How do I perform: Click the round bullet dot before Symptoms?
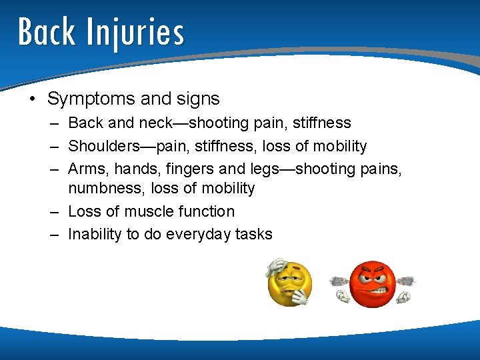coord(32,99)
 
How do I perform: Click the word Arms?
coord(86,169)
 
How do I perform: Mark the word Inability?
coord(93,234)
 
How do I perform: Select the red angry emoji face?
coord(373,284)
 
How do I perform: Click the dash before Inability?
coord(53,234)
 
